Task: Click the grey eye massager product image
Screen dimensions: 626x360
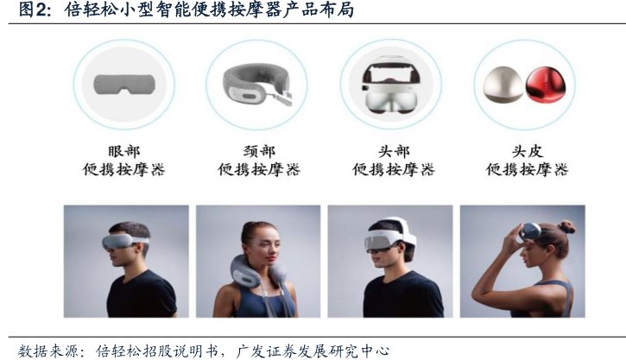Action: pyautogui.click(x=124, y=85)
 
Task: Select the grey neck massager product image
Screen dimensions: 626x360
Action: pyautogui.click(x=257, y=85)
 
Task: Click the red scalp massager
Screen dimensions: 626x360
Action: pyautogui.click(x=543, y=85)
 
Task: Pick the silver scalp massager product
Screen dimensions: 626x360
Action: pyautogui.click(x=503, y=85)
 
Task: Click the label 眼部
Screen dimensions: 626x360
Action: pyautogui.click(x=124, y=151)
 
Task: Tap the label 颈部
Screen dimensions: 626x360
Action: pyautogui.click(x=259, y=151)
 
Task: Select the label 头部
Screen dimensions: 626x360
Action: pyautogui.click(x=394, y=151)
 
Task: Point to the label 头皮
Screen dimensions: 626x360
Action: pyautogui.click(x=528, y=151)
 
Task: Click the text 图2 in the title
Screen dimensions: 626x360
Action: pyautogui.click(x=32, y=9)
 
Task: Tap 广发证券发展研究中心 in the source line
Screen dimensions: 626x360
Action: pyautogui.click(x=313, y=351)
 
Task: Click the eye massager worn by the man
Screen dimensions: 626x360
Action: pyautogui.click(x=124, y=241)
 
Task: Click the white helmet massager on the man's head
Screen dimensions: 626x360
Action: pyautogui.click(x=390, y=238)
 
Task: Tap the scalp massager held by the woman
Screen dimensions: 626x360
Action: pyautogui.click(x=529, y=232)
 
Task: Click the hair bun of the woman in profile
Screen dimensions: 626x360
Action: pyautogui.click(x=566, y=227)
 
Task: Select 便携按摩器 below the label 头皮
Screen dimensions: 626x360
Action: pyautogui.click(x=527, y=169)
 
